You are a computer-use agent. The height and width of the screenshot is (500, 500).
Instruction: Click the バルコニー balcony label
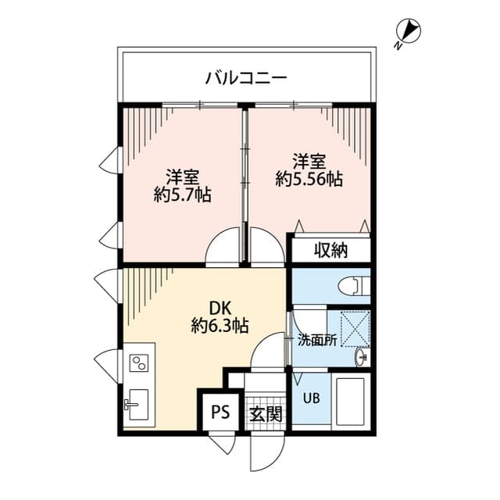[246, 77]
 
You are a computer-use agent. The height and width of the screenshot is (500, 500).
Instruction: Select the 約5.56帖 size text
[309, 179]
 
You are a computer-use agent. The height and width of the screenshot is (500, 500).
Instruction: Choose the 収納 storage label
[331, 251]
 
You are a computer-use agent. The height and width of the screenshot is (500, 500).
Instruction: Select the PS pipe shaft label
[219, 412]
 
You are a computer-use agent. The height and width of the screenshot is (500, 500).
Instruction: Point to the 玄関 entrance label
[266, 414]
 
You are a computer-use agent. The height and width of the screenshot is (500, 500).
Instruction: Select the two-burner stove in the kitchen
[140, 362]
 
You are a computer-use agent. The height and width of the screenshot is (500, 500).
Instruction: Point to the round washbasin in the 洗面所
[360, 357]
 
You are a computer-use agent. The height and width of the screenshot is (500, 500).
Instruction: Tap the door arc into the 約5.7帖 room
[222, 249]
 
